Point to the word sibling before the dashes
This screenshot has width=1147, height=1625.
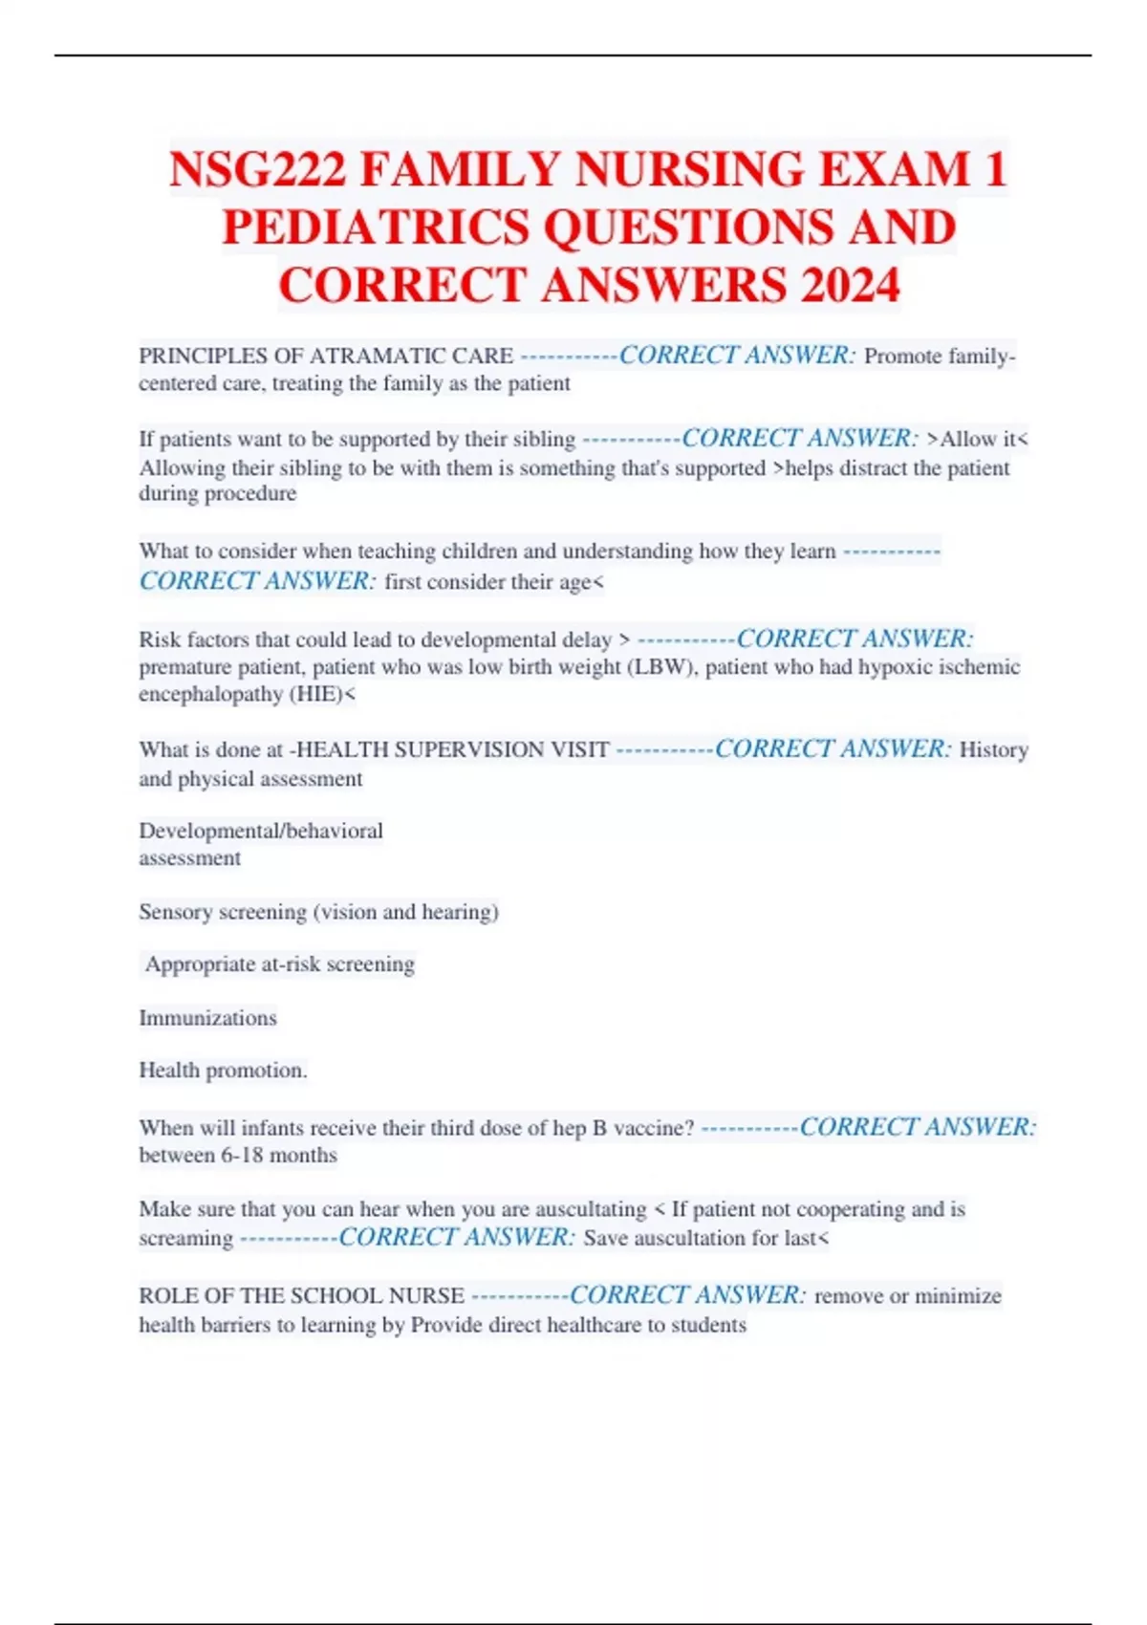click(x=539, y=440)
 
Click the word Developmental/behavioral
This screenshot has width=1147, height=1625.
click(x=261, y=831)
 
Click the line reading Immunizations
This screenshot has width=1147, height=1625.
click(x=207, y=1018)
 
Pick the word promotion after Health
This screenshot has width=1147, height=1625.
click(x=265, y=1071)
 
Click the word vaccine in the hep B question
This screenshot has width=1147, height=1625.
click(x=653, y=1128)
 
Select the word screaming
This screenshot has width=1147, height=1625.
click(x=185, y=1238)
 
